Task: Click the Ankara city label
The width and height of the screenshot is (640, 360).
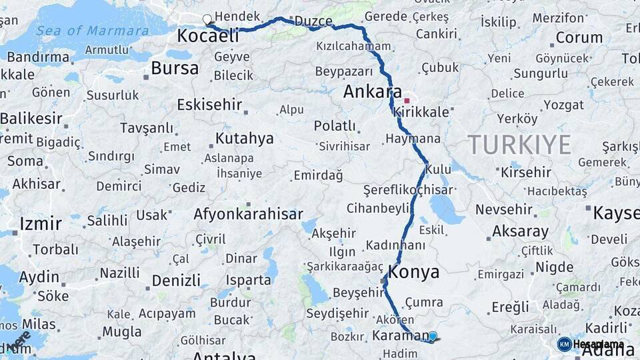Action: (x=372, y=92)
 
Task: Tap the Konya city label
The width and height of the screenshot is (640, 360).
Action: (x=413, y=272)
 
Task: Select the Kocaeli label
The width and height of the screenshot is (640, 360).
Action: (x=208, y=36)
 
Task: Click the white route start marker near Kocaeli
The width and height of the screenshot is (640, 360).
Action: (x=207, y=20)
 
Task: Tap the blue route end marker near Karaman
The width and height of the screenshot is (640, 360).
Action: (x=433, y=337)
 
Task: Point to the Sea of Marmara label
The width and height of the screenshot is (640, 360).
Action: (x=92, y=31)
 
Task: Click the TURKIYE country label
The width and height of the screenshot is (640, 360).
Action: (x=519, y=144)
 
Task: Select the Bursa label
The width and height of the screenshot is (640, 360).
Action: (x=175, y=68)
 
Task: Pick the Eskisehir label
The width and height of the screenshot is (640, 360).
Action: (x=207, y=104)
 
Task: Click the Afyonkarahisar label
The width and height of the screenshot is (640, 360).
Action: (x=248, y=215)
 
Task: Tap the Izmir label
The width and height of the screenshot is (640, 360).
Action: (x=41, y=223)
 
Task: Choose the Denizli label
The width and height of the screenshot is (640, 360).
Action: (x=176, y=280)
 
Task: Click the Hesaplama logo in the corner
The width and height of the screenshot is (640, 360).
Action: (x=591, y=344)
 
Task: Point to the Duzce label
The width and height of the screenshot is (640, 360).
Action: (x=313, y=21)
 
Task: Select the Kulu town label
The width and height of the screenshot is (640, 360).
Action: (x=439, y=169)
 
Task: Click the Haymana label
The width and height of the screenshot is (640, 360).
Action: (x=413, y=139)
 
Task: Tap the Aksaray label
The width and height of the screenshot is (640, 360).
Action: (x=520, y=232)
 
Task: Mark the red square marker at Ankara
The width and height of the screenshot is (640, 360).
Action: (x=407, y=101)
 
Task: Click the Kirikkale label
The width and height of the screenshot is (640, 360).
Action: (x=421, y=112)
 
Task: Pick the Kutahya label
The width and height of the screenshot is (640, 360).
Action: (x=244, y=139)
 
